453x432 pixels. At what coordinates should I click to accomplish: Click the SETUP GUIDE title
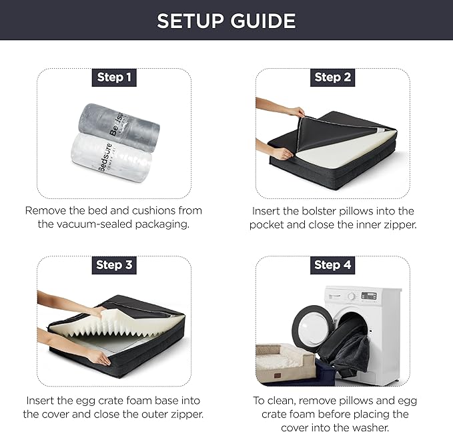click(226, 20)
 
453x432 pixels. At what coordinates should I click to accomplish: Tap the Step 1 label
click(114, 77)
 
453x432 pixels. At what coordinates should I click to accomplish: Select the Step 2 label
click(332, 77)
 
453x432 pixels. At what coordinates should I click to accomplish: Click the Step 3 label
click(114, 264)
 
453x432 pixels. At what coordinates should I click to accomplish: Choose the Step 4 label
click(332, 265)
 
